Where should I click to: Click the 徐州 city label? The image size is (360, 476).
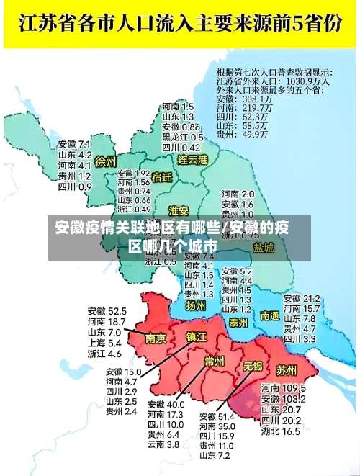(x=105, y=161)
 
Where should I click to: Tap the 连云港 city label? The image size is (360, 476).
(x=193, y=159)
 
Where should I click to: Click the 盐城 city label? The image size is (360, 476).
(x=264, y=248)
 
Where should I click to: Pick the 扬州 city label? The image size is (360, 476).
(x=196, y=305)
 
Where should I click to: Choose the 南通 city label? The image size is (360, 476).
(x=270, y=315)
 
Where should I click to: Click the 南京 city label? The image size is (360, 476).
(x=156, y=338)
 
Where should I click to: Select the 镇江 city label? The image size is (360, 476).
(x=197, y=336)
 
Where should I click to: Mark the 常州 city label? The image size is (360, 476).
(x=214, y=361)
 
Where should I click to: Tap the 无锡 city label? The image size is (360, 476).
(x=252, y=366)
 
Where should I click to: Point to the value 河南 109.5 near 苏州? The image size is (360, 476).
(x=283, y=387)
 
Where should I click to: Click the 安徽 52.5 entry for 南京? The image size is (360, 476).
(x=107, y=310)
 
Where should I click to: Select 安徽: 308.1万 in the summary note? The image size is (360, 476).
(x=241, y=98)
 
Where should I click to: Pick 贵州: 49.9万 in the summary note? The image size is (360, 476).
(x=241, y=134)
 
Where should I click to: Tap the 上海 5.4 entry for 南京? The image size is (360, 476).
(x=104, y=343)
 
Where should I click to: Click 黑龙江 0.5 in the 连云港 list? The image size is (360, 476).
(x=182, y=137)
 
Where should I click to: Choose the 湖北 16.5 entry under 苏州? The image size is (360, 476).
(x=281, y=432)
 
